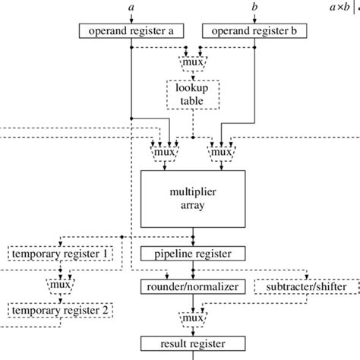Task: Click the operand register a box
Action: [x=131, y=31]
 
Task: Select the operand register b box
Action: [x=254, y=31]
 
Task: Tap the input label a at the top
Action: [x=132, y=7]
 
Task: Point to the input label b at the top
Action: [x=254, y=7]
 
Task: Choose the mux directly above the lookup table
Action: [x=193, y=58]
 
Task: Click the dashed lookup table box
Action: [x=193, y=93]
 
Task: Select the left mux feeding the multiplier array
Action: [x=165, y=152]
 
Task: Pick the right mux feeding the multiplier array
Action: [x=220, y=152]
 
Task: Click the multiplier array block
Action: [x=193, y=197]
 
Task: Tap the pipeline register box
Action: [x=193, y=253]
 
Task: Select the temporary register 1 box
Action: [x=59, y=253]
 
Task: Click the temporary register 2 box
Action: [x=59, y=310]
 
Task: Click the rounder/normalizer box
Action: [x=193, y=287]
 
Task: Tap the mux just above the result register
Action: [x=193, y=317]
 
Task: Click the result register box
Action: [x=193, y=344]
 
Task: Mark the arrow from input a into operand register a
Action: [x=132, y=17]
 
